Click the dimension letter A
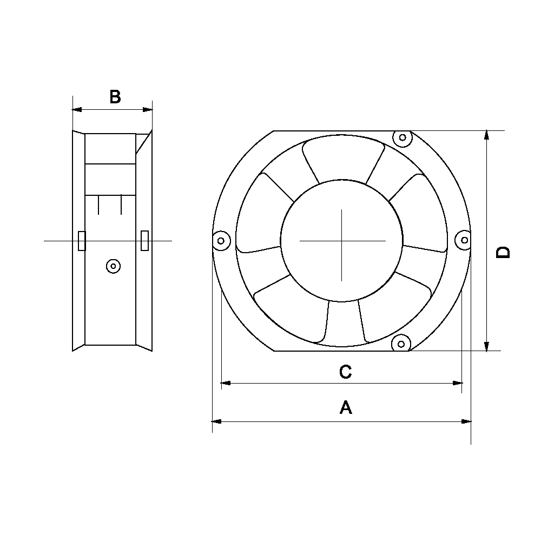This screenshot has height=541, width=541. pos(346,407)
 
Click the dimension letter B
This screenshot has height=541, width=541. pos(115,97)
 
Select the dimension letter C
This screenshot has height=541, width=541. pos(345,372)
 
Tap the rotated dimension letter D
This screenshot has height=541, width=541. pos(503,252)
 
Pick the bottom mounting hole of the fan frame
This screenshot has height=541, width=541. pos(401,344)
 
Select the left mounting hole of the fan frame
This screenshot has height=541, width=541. pos(221,241)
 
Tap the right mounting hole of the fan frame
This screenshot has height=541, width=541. pos(464,240)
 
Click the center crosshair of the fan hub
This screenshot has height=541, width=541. pos(342,241)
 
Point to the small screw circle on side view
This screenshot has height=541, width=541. pos(113,266)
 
